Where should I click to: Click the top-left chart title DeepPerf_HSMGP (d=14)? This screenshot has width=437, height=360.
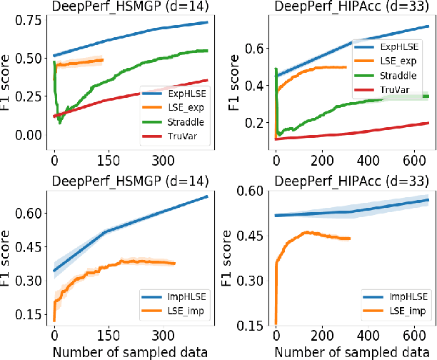(126, 6)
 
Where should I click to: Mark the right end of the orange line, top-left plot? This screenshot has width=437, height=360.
(103, 60)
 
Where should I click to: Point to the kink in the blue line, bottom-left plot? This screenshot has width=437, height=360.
(105, 231)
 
